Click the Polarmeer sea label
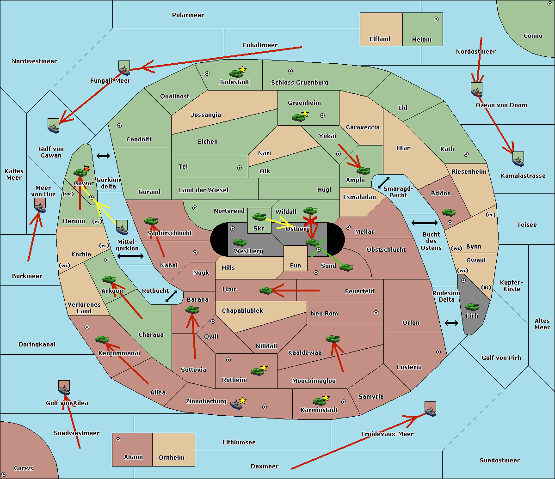(x=188, y=15)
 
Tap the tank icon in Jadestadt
(x=236, y=73)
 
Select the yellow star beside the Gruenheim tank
(x=305, y=114)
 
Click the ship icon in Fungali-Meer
(x=124, y=68)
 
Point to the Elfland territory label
(x=380, y=39)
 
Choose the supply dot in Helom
(x=436, y=19)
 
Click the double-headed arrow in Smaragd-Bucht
(x=383, y=183)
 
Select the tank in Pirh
(x=472, y=307)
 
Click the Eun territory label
(x=296, y=266)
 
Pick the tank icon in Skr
(x=259, y=216)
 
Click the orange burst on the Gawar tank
(x=86, y=169)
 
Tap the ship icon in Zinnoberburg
(x=236, y=405)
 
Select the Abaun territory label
(x=133, y=457)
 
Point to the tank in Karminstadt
(x=319, y=401)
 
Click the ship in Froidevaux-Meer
(x=430, y=409)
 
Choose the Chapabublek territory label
(x=242, y=311)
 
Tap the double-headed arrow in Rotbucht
(x=171, y=296)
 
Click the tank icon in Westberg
(x=240, y=243)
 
